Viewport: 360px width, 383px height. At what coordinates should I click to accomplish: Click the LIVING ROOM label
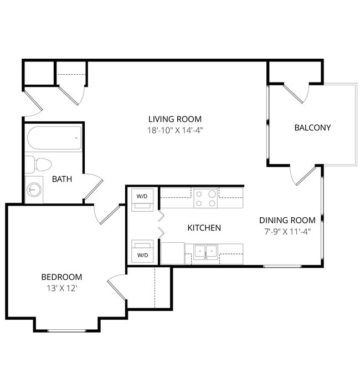pos(174,119)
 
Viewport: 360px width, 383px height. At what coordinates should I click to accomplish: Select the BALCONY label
pos(312,127)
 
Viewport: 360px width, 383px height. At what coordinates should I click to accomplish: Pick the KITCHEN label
pos(204,228)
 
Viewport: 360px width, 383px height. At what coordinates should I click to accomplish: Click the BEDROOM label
pos(61,277)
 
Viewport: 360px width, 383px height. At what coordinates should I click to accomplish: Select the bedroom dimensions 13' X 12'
pos(61,288)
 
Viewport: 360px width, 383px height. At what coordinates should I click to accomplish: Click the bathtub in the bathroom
pos(53,139)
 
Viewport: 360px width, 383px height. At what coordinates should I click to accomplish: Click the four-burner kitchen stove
pos(205,198)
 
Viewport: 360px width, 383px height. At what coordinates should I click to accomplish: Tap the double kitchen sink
pos(206,253)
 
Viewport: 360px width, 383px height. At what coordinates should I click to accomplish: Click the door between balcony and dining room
pos(302,175)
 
